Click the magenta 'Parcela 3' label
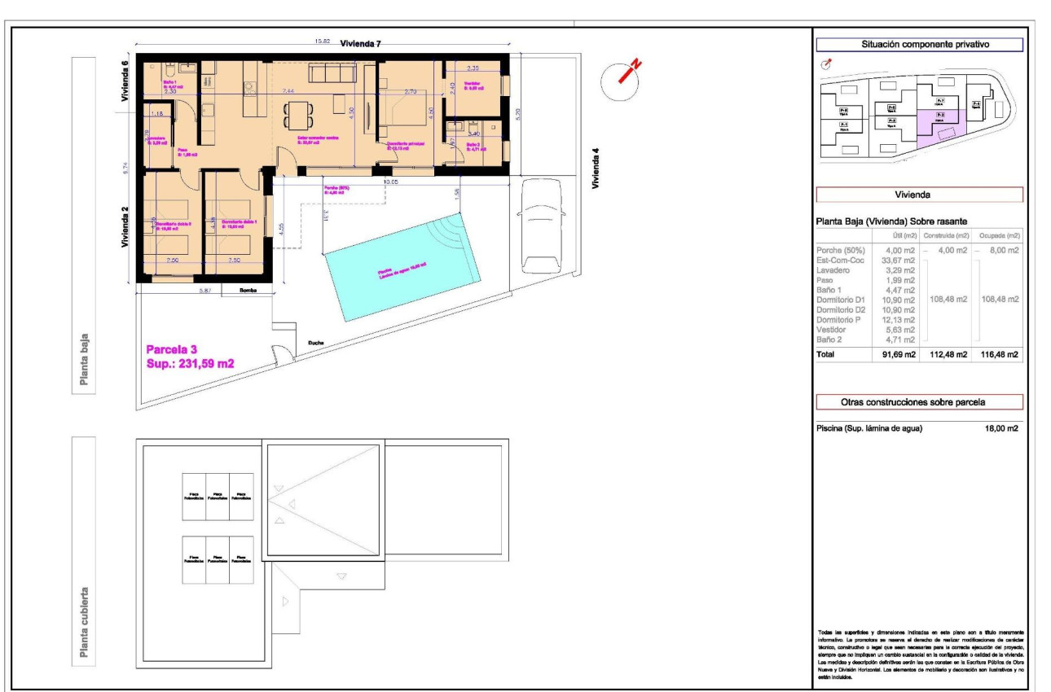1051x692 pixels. (x=171, y=349)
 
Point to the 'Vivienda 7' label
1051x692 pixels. (x=360, y=44)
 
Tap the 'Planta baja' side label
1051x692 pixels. (x=83, y=357)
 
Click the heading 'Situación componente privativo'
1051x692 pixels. (x=919, y=45)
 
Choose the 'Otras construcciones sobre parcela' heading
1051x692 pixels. (x=919, y=402)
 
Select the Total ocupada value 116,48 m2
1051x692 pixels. (x=999, y=354)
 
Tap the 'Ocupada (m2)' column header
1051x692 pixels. (x=999, y=235)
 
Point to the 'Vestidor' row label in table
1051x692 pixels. (x=832, y=329)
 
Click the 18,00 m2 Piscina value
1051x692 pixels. (x=1001, y=428)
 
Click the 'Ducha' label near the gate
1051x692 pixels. (x=315, y=343)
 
